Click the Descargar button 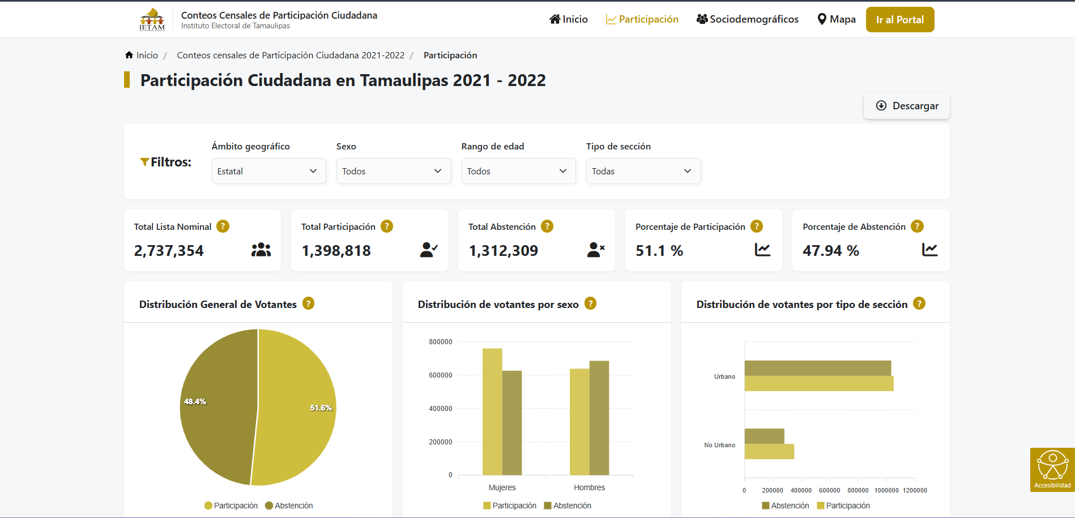(x=907, y=106)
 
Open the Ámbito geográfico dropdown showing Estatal (x=268, y=171)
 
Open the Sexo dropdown (x=393, y=171)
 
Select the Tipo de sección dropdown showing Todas (x=643, y=171)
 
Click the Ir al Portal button (x=899, y=20)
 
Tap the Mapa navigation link (x=837, y=19)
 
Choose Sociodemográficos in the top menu (x=747, y=19)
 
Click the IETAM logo (x=152, y=19)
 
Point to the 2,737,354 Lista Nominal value (x=169, y=251)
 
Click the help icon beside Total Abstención (x=547, y=226)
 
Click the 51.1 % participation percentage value (x=659, y=251)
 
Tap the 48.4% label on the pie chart (x=195, y=401)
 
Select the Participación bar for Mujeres (x=492, y=412)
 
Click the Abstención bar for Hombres (x=599, y=418)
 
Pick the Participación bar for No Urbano (x=769, y=452)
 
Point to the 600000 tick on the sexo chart (x=440, y=375)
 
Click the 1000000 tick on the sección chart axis (x=886, y=490)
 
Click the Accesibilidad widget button (x=1052, y=469)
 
